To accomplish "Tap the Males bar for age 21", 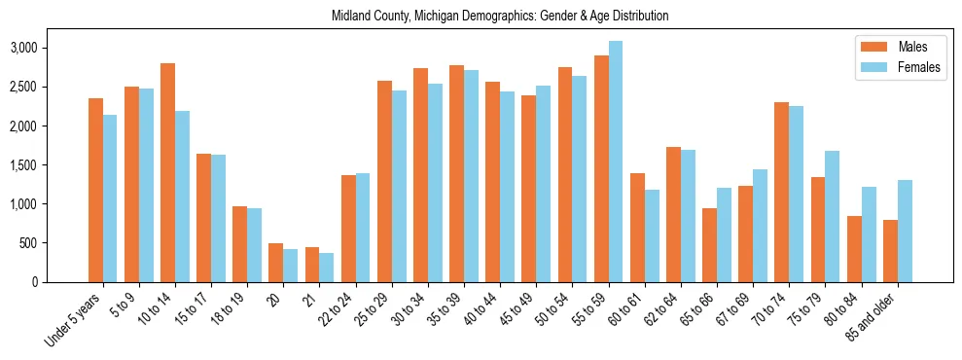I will pos(312,265).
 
